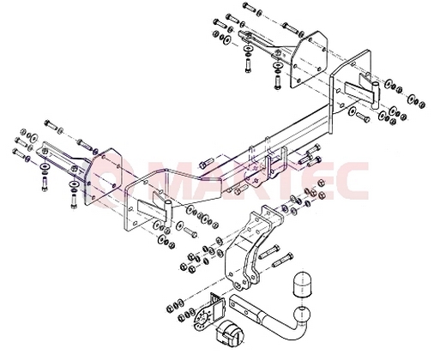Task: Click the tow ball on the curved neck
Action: click(303, 314)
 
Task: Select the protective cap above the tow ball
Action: click(301, 285)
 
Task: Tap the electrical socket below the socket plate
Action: click(230, 333)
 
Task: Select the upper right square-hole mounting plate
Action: click(309, 59)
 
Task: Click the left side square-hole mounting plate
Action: click(104, 177)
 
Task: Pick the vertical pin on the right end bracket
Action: click(375, 95)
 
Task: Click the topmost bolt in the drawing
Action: click(249, 7)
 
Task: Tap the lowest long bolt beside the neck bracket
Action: click(282, 261)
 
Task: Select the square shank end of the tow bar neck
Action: click(243, 305)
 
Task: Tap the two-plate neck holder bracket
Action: click(251, 247)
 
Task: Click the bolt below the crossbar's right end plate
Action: click(363, 117)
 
